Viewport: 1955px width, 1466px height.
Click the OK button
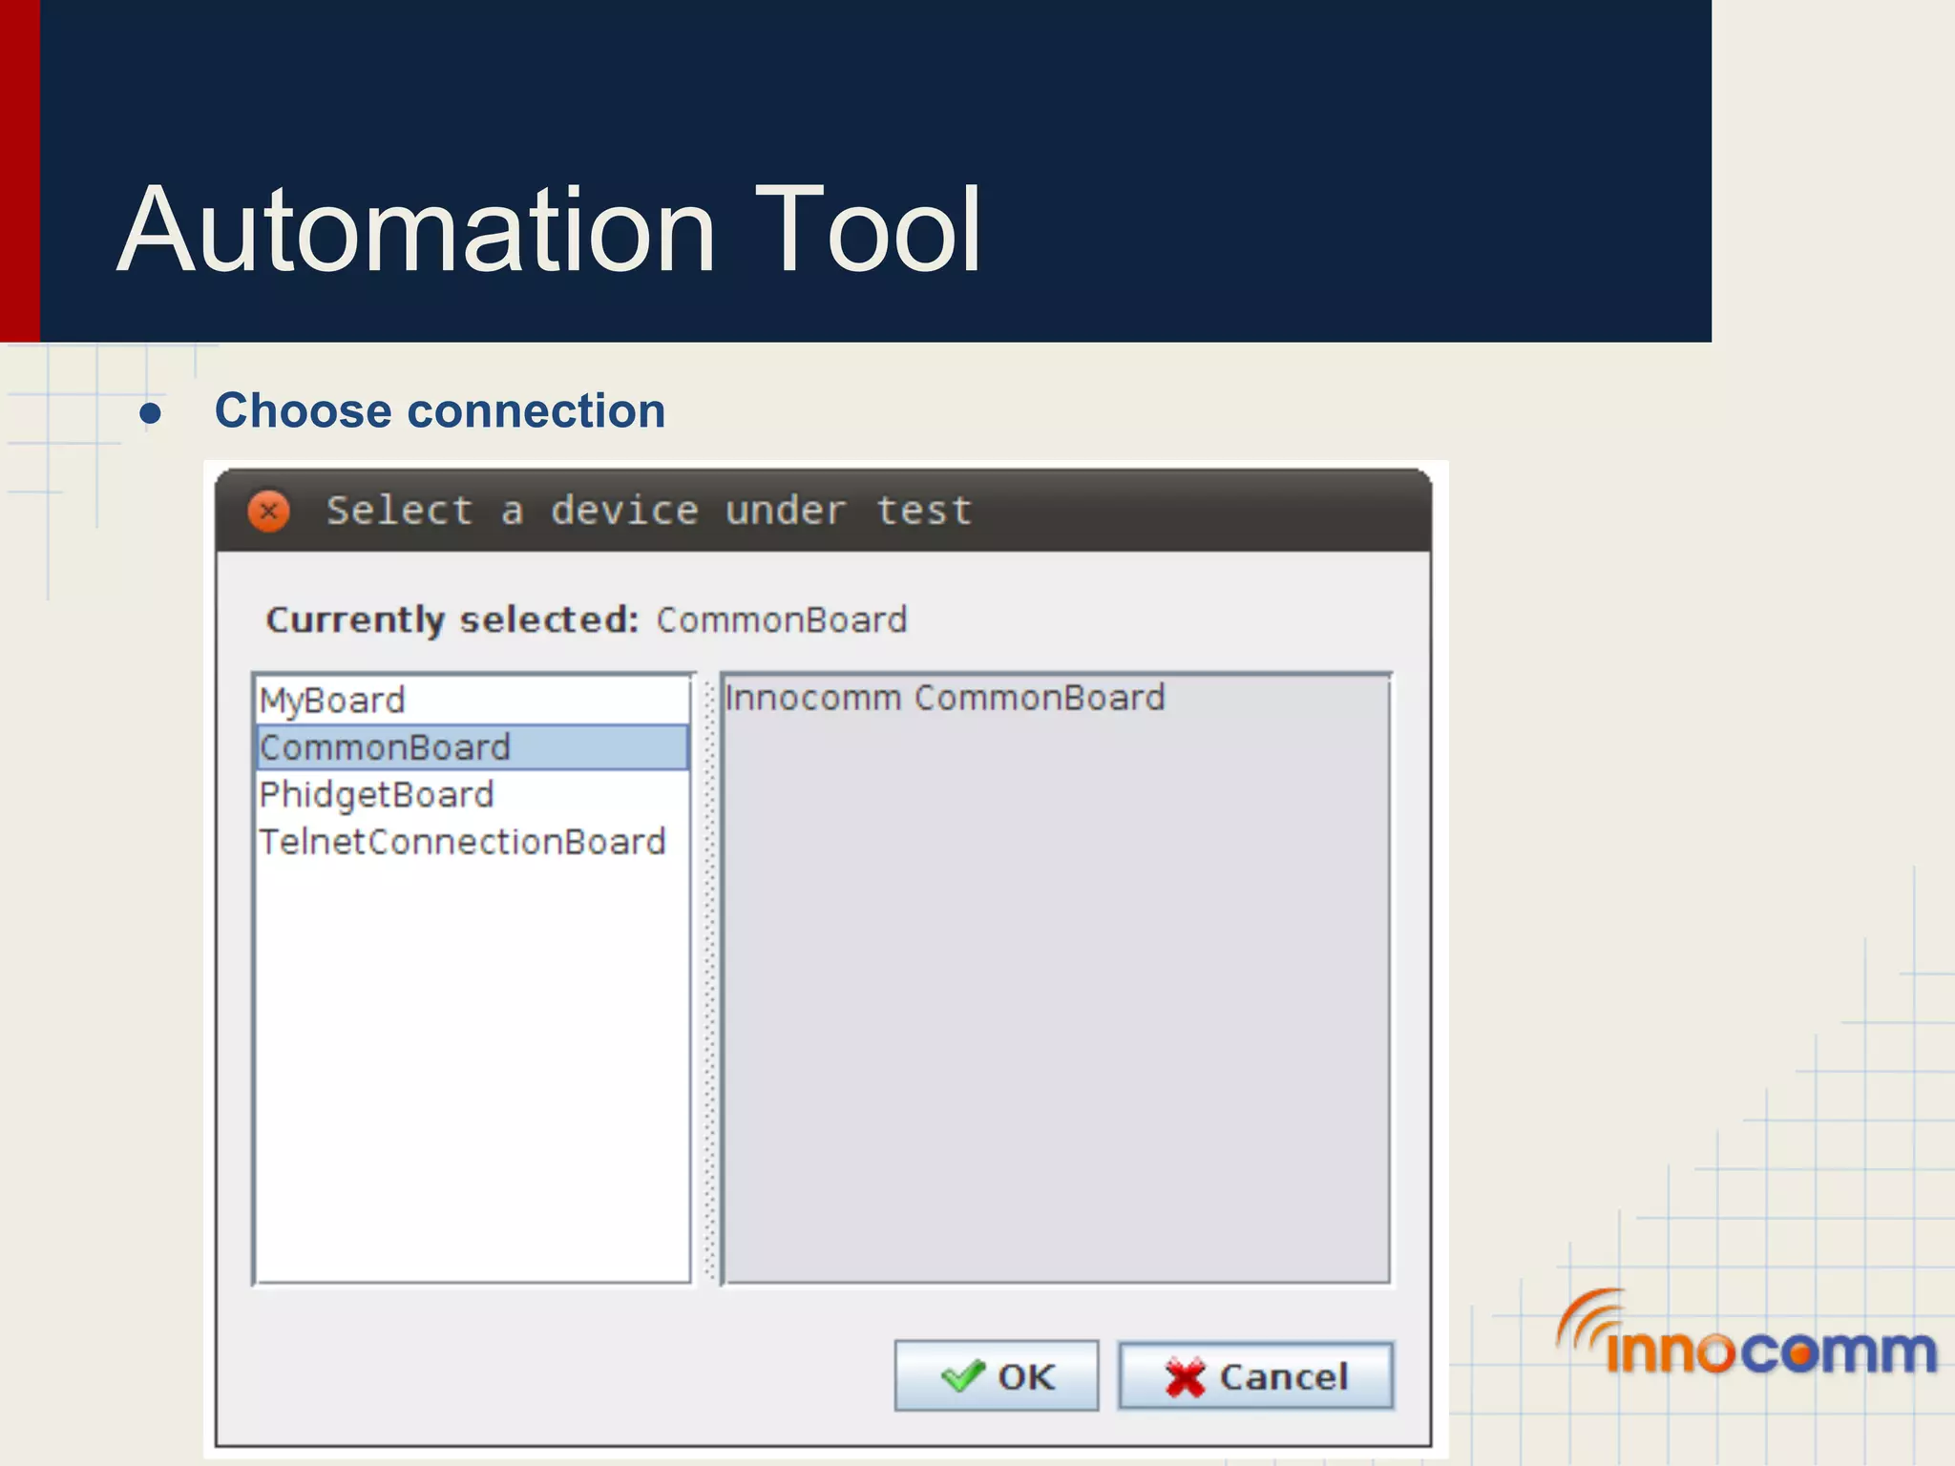point(996,1375)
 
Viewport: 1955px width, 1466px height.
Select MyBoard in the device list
point(332,701)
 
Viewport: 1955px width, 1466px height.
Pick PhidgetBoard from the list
point(376,794)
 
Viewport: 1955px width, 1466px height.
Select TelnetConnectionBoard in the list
point(462,842)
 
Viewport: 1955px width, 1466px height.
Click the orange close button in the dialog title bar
point(269,512)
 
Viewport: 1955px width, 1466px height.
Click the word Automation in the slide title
point(416,230)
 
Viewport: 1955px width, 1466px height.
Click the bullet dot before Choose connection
point(150,413)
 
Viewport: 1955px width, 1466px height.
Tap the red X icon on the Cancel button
point(1185,1377)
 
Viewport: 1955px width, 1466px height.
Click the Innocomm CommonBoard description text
point(944,698)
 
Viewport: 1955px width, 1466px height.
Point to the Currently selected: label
point(452,620)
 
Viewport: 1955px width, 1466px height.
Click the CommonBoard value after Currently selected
point(782,620)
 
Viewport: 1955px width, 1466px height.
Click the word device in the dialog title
point(624,511)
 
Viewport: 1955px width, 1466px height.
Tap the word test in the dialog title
point(924,511)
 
